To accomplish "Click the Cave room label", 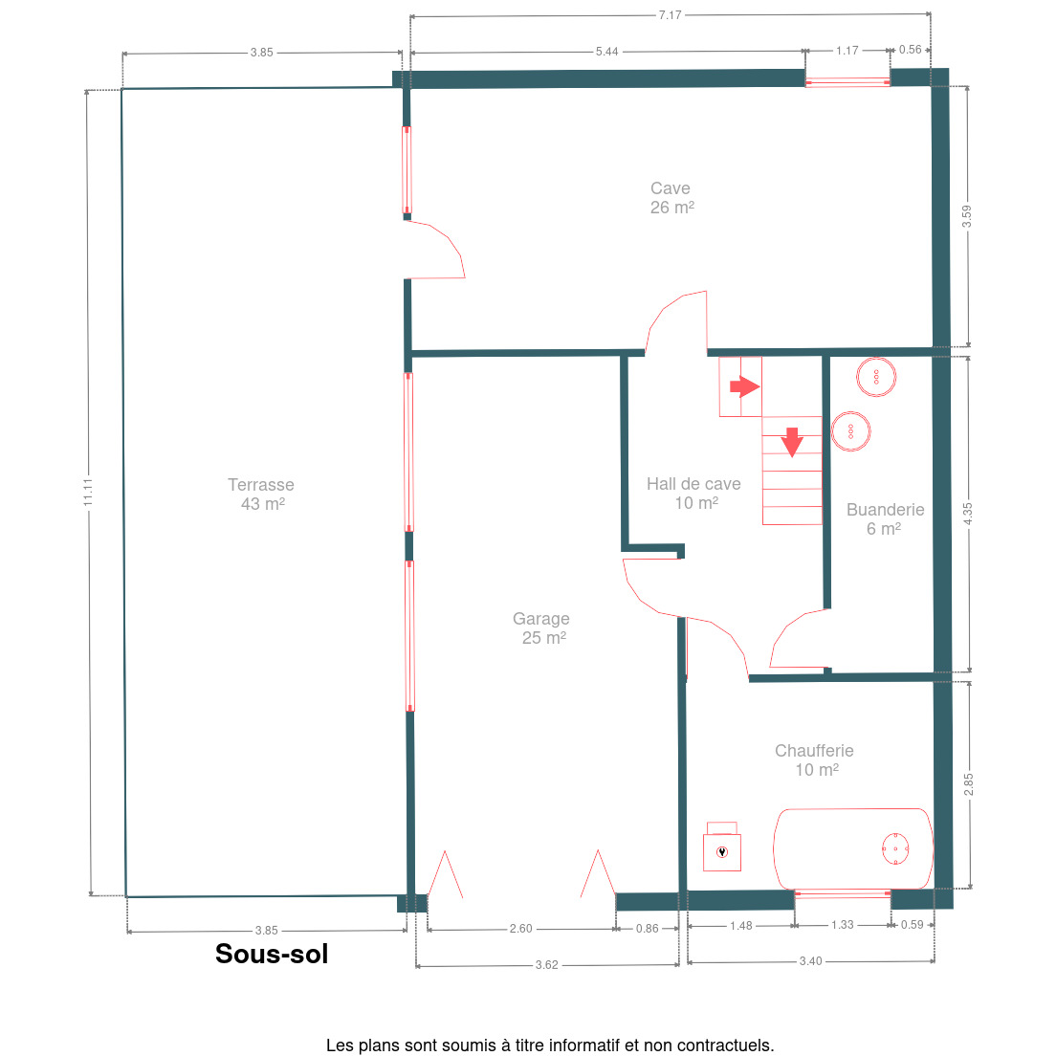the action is coord(671,198).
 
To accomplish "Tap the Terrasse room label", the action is coord(261,495).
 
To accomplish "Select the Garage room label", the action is coord(541,628).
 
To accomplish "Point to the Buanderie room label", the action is coord(885,519).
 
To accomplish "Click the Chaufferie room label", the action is coord(814,760).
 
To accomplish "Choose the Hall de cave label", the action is coord(693,494).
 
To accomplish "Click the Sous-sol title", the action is coord(272,954).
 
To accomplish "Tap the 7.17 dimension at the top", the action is coord(671,14).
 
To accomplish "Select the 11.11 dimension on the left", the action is coord(88,493).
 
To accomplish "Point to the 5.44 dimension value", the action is coord(606,52).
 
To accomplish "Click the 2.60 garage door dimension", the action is coord(520,929).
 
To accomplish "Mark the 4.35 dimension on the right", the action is coord(968,514).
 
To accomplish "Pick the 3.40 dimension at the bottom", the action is coord(811,961).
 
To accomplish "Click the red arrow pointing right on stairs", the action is coord(745,386).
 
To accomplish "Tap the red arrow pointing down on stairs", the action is coord(792,442).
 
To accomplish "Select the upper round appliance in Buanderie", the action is coord(876,377).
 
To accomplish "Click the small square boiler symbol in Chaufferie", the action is coord(722,852).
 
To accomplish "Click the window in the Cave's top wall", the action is coord(847,82).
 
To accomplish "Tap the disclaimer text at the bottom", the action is coord(550,1045).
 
